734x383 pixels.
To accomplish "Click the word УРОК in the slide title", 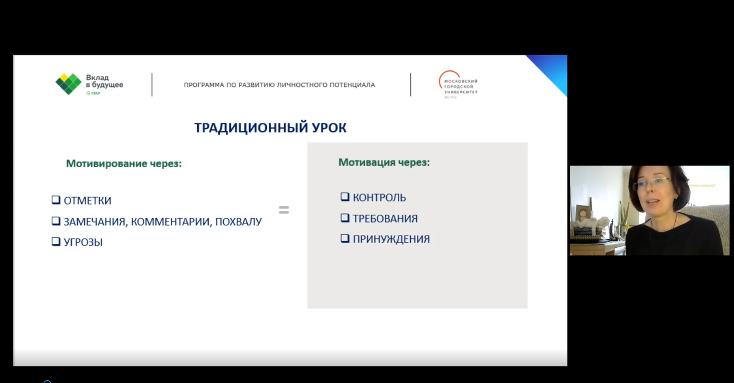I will [329, 128].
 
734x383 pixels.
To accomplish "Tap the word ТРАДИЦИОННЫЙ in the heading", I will [251, 128].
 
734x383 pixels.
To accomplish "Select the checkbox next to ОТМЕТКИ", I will [56, 200].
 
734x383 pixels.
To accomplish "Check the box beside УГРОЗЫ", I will [56, 242].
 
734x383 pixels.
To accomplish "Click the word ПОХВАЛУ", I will [238, 222].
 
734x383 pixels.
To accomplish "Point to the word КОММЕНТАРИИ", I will [171, 222].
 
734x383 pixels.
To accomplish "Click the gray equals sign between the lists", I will [284, 210].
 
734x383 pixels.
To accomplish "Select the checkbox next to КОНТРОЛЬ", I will [345, 197].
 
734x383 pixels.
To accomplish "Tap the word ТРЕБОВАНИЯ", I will [385, 219].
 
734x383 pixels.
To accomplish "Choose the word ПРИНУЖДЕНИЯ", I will [391, 239].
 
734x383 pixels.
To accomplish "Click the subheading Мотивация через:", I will [384, 162].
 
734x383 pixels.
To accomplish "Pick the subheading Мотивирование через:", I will [124, 164].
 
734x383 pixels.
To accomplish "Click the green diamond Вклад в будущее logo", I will [68, 84].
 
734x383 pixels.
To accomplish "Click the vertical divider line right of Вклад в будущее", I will [152, 85].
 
